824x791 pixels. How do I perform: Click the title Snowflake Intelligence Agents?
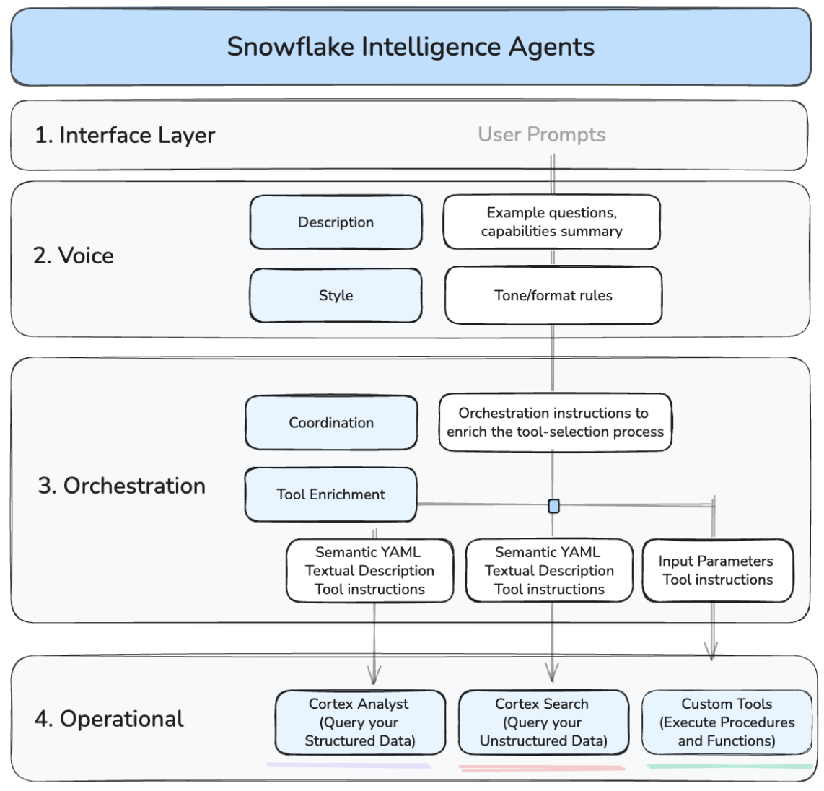pyautogui.click(x=411, y=47)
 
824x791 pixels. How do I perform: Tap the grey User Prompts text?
pyautogui.click(x=541, y=134)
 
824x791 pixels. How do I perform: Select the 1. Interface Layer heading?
pyautogui.click(x=125, y=135)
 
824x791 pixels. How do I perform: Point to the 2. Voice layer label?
pyautogui.click(x=74, y=255)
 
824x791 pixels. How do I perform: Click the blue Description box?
pyautogui.click(x=336, y=222)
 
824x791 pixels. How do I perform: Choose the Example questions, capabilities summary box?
pyautogui.click(x=551, y=222)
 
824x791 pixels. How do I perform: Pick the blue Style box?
pyautogui.click(x=336, y=295)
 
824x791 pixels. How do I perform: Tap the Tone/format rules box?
pyautogui.click(x=553, y=295)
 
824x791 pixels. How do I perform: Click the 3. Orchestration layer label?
pyautogui.click(x=121, y=486)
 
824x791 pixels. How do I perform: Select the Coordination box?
pyautogui.click(x=331, y=423)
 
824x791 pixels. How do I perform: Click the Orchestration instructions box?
pyautogui.click(x=555, y=423)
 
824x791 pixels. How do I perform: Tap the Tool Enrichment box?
pyautogui.click(x=330, y=494)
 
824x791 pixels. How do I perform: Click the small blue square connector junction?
pyautogui.click(x=553, y=506)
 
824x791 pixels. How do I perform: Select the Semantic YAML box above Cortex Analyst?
pyautogui.click(x=369, y=570)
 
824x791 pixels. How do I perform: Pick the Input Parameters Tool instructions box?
pyautogui.click(x=717, y=570)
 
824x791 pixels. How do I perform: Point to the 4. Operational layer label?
pyautogui.click(x=109, y=719)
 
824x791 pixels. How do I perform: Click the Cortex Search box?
pyautogui.click(x=543, y=722)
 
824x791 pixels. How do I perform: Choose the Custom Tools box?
pyautogui.click(x=726, y=722)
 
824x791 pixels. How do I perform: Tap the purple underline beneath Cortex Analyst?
pyautogui.click(x=349, y=765)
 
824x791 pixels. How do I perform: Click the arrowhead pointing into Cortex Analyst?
pyautogui.click(x=374, y=676)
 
